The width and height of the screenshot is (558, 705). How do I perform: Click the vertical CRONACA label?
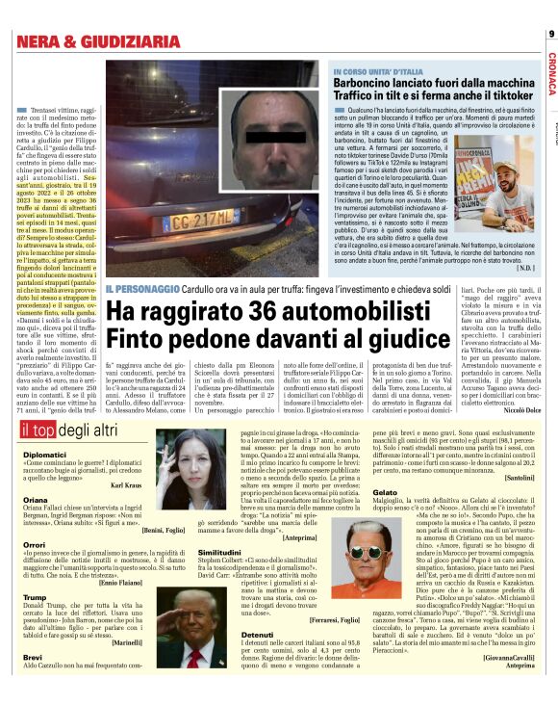tap(550, 72)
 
